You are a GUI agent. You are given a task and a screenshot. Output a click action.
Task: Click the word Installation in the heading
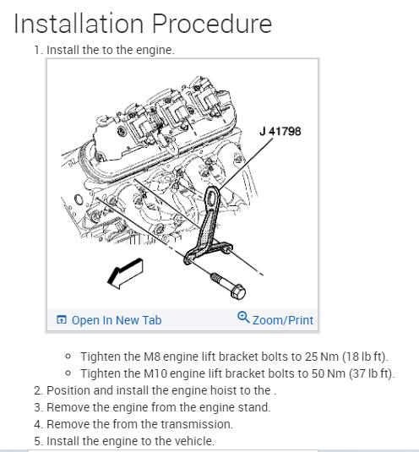coord(79,24)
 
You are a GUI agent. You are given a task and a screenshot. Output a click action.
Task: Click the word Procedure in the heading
coord(212,24)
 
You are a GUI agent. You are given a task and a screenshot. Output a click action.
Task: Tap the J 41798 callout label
coord(280,132)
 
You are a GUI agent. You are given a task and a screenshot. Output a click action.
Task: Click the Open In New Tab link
coord(117,320)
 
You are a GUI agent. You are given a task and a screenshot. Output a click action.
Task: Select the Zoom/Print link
coord(283,320)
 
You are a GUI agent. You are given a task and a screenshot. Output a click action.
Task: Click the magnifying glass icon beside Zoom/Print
coord(243,318)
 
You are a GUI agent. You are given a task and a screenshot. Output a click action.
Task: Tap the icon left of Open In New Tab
coord(62,319)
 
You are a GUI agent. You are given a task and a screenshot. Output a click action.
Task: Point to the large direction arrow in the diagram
coord(125,273)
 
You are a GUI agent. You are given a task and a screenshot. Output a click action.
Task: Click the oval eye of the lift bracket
coord(212,198)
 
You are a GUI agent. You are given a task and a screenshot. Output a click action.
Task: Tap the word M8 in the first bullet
coord(151,357)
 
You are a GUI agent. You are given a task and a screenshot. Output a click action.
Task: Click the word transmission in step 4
coord(197,424)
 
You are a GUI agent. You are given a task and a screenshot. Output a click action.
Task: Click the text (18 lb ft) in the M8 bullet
coord(365,357)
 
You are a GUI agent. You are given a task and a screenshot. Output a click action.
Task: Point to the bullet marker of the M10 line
coord(68,373)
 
